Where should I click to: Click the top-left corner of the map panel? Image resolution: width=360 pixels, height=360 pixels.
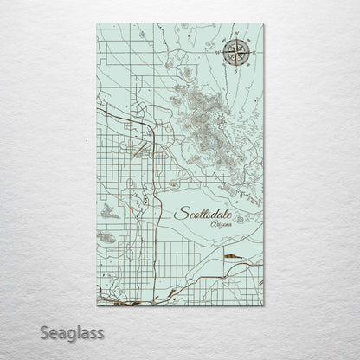(x=92, y=20)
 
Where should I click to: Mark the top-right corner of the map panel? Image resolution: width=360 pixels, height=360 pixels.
(x=268, y=20)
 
